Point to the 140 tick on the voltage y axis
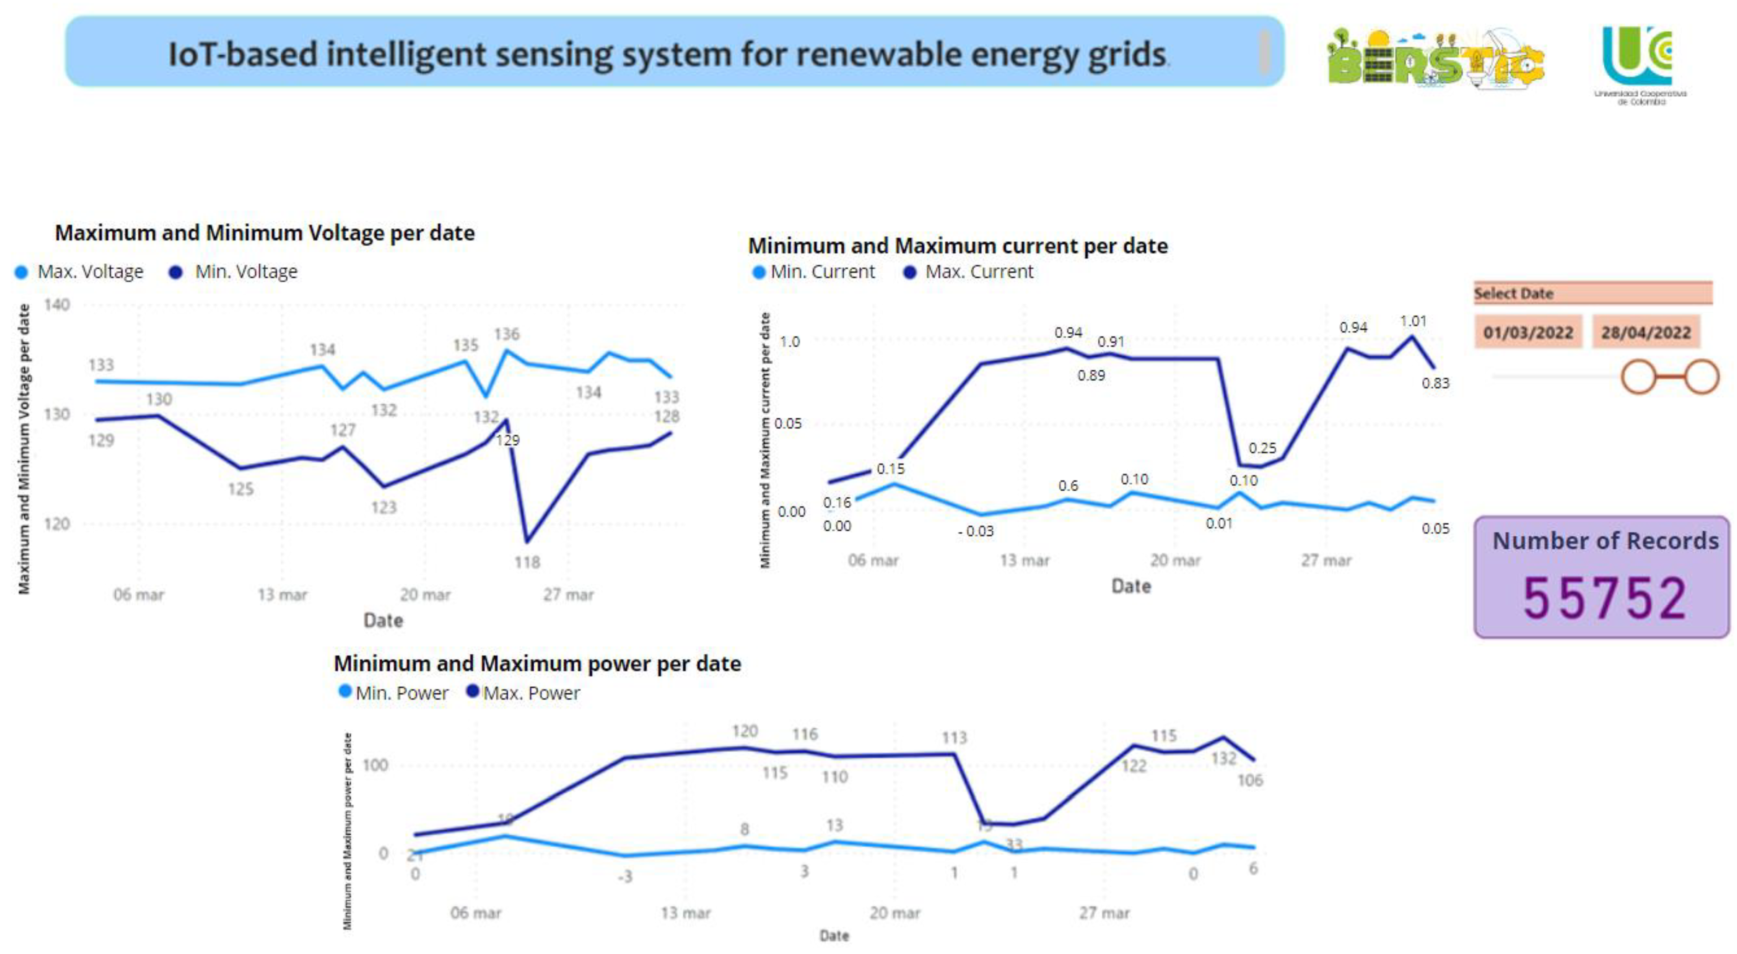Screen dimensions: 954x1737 pyautogui.click(x=56, y=305)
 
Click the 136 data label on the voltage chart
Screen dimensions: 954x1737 pyautogui.click(x=506, y=334)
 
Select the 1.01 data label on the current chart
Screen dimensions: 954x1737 pyautogui.click(x=1413, y=321)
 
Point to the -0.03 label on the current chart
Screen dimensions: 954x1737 pyautogui.click(x=976, y=531)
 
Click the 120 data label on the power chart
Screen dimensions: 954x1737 pyautogui.click(x=744, y=731)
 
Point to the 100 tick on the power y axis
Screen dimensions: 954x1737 pyautogui.click(x=375, y=765)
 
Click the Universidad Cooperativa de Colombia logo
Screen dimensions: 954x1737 pyautogui.click(x=1639, y=64)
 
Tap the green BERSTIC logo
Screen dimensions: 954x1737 pyautogui.click(x=1435, y=59)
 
